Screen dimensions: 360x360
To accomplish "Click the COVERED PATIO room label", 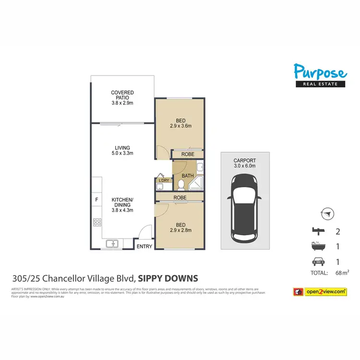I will click(x=122, y=97).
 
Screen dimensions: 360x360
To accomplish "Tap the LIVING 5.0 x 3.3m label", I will click(x=122, y=150).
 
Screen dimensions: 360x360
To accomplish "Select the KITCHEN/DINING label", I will click(x=122, y=204).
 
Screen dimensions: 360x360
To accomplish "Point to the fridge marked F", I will click(x=96, y=199).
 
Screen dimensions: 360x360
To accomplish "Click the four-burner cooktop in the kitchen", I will click(x=96, y=222).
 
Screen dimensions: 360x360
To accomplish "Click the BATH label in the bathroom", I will click(x=188, y=176).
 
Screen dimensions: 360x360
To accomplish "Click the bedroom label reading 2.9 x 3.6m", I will click(x=180, y=123).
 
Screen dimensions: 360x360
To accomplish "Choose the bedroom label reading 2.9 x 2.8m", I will click(x=180, y=227).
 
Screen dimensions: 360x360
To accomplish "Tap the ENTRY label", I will click(x=144, y=247).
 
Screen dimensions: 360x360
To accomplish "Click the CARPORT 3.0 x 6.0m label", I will click(x=245, y=163).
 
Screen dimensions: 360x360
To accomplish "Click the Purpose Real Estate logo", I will click(x=320, y=76).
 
